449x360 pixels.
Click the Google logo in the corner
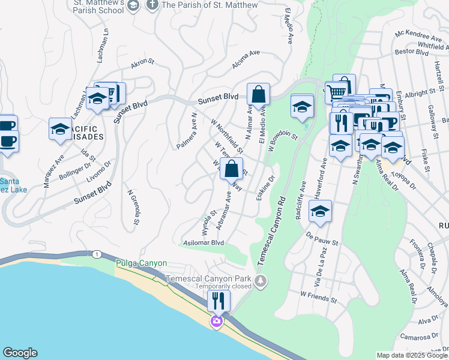click(x=20, y=353)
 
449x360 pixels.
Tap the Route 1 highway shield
click(x=97, y=255)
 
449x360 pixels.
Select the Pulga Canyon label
click(x=141, y=263)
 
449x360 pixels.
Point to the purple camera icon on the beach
click(x=215, y=322)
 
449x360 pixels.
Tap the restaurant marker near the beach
click(x=219, y=301)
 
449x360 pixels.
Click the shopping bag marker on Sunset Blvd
click(x=258, y=95)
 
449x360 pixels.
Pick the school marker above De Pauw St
click(x=321, y=212)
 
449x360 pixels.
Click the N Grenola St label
click(x=133, y=208)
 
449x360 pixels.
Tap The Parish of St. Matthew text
click(x=209, y=5)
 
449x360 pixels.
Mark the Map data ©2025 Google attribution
click(x=412, y=355)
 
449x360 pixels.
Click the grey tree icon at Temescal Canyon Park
click(x=260, y=280)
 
